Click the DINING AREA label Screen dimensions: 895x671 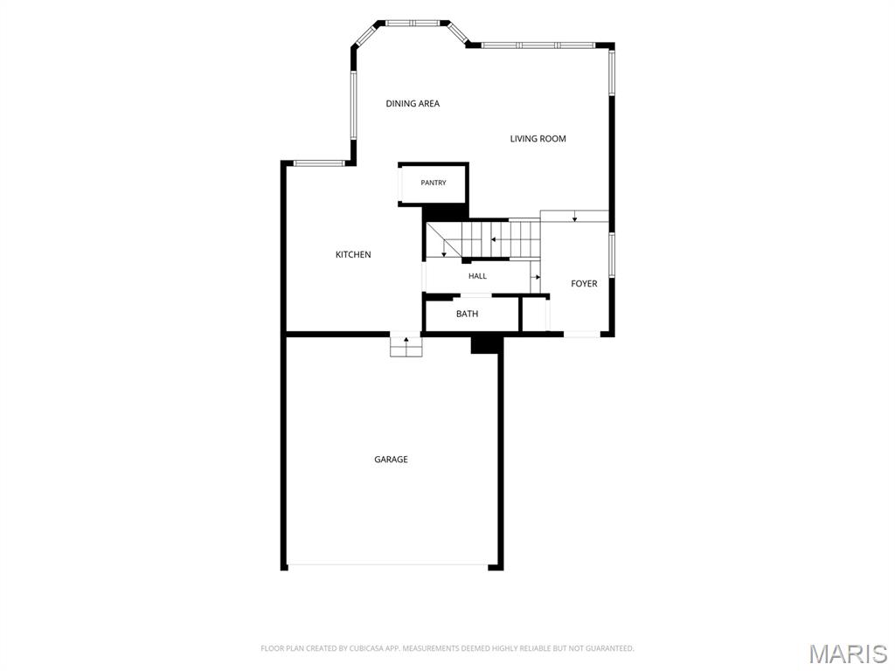click(413, 103)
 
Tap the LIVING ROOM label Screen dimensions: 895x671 click(538, 139)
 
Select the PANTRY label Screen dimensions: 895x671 click(434, 183)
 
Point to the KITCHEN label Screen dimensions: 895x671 click(353, 254)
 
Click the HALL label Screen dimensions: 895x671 click(478, 276)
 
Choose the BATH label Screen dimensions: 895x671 click(467, 314)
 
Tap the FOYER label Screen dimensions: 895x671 click(584, 284)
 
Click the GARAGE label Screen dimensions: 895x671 click(391, 460)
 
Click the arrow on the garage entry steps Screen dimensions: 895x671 click(406, 342)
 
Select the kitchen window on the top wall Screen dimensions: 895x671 click(320, 163)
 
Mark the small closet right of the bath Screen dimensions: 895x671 click(535, 314)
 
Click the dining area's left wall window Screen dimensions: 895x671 click(353, 105)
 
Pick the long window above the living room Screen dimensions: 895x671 click(538, 45)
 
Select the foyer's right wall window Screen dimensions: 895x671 click(611, 255)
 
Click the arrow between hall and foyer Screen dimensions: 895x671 click(536, 277)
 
